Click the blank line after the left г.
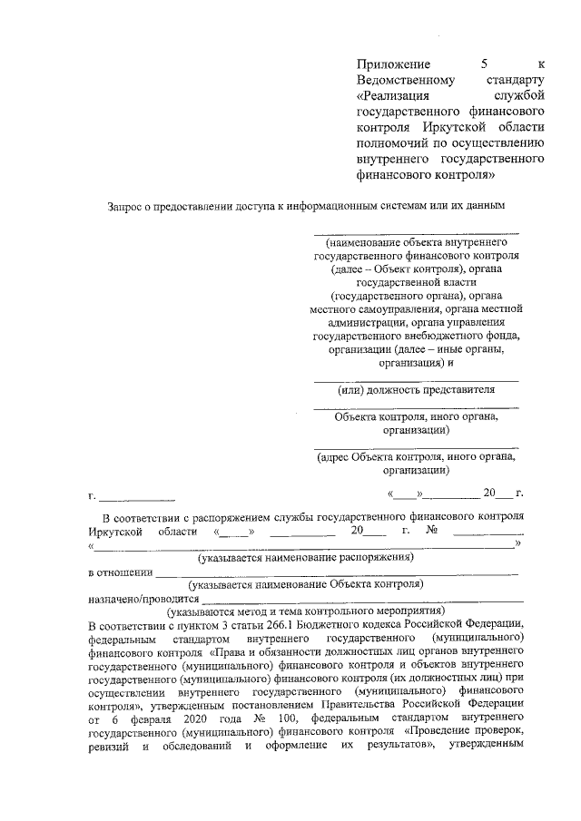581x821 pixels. point(137,498)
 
